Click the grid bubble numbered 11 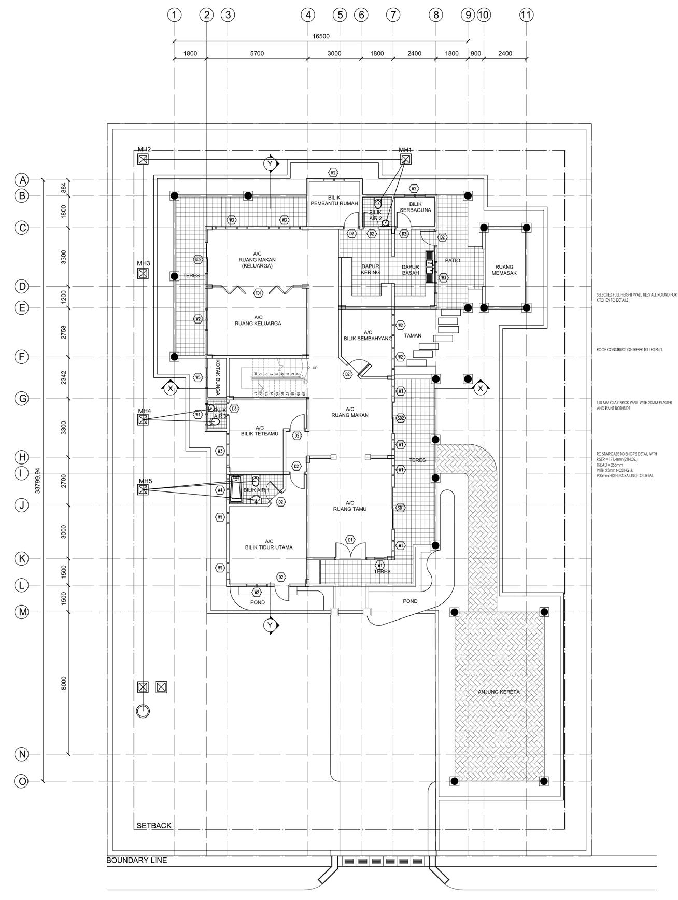(526, 15)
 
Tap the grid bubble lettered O (22, 781)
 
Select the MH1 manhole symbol (405, 159)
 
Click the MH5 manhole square (143, 489)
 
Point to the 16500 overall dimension (321, 36)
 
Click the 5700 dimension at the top (257, 53)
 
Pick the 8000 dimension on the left (64, 683)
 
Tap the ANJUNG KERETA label (499, 692)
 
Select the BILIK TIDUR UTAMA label (269, 544)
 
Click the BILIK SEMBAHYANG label (368, 335)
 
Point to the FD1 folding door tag (258, 293)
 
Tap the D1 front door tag (350, 540)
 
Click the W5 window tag (197, 377)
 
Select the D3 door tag (234, 409)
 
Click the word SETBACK (153, 826)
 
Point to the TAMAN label (413, 335)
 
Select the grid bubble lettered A (22, 180)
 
